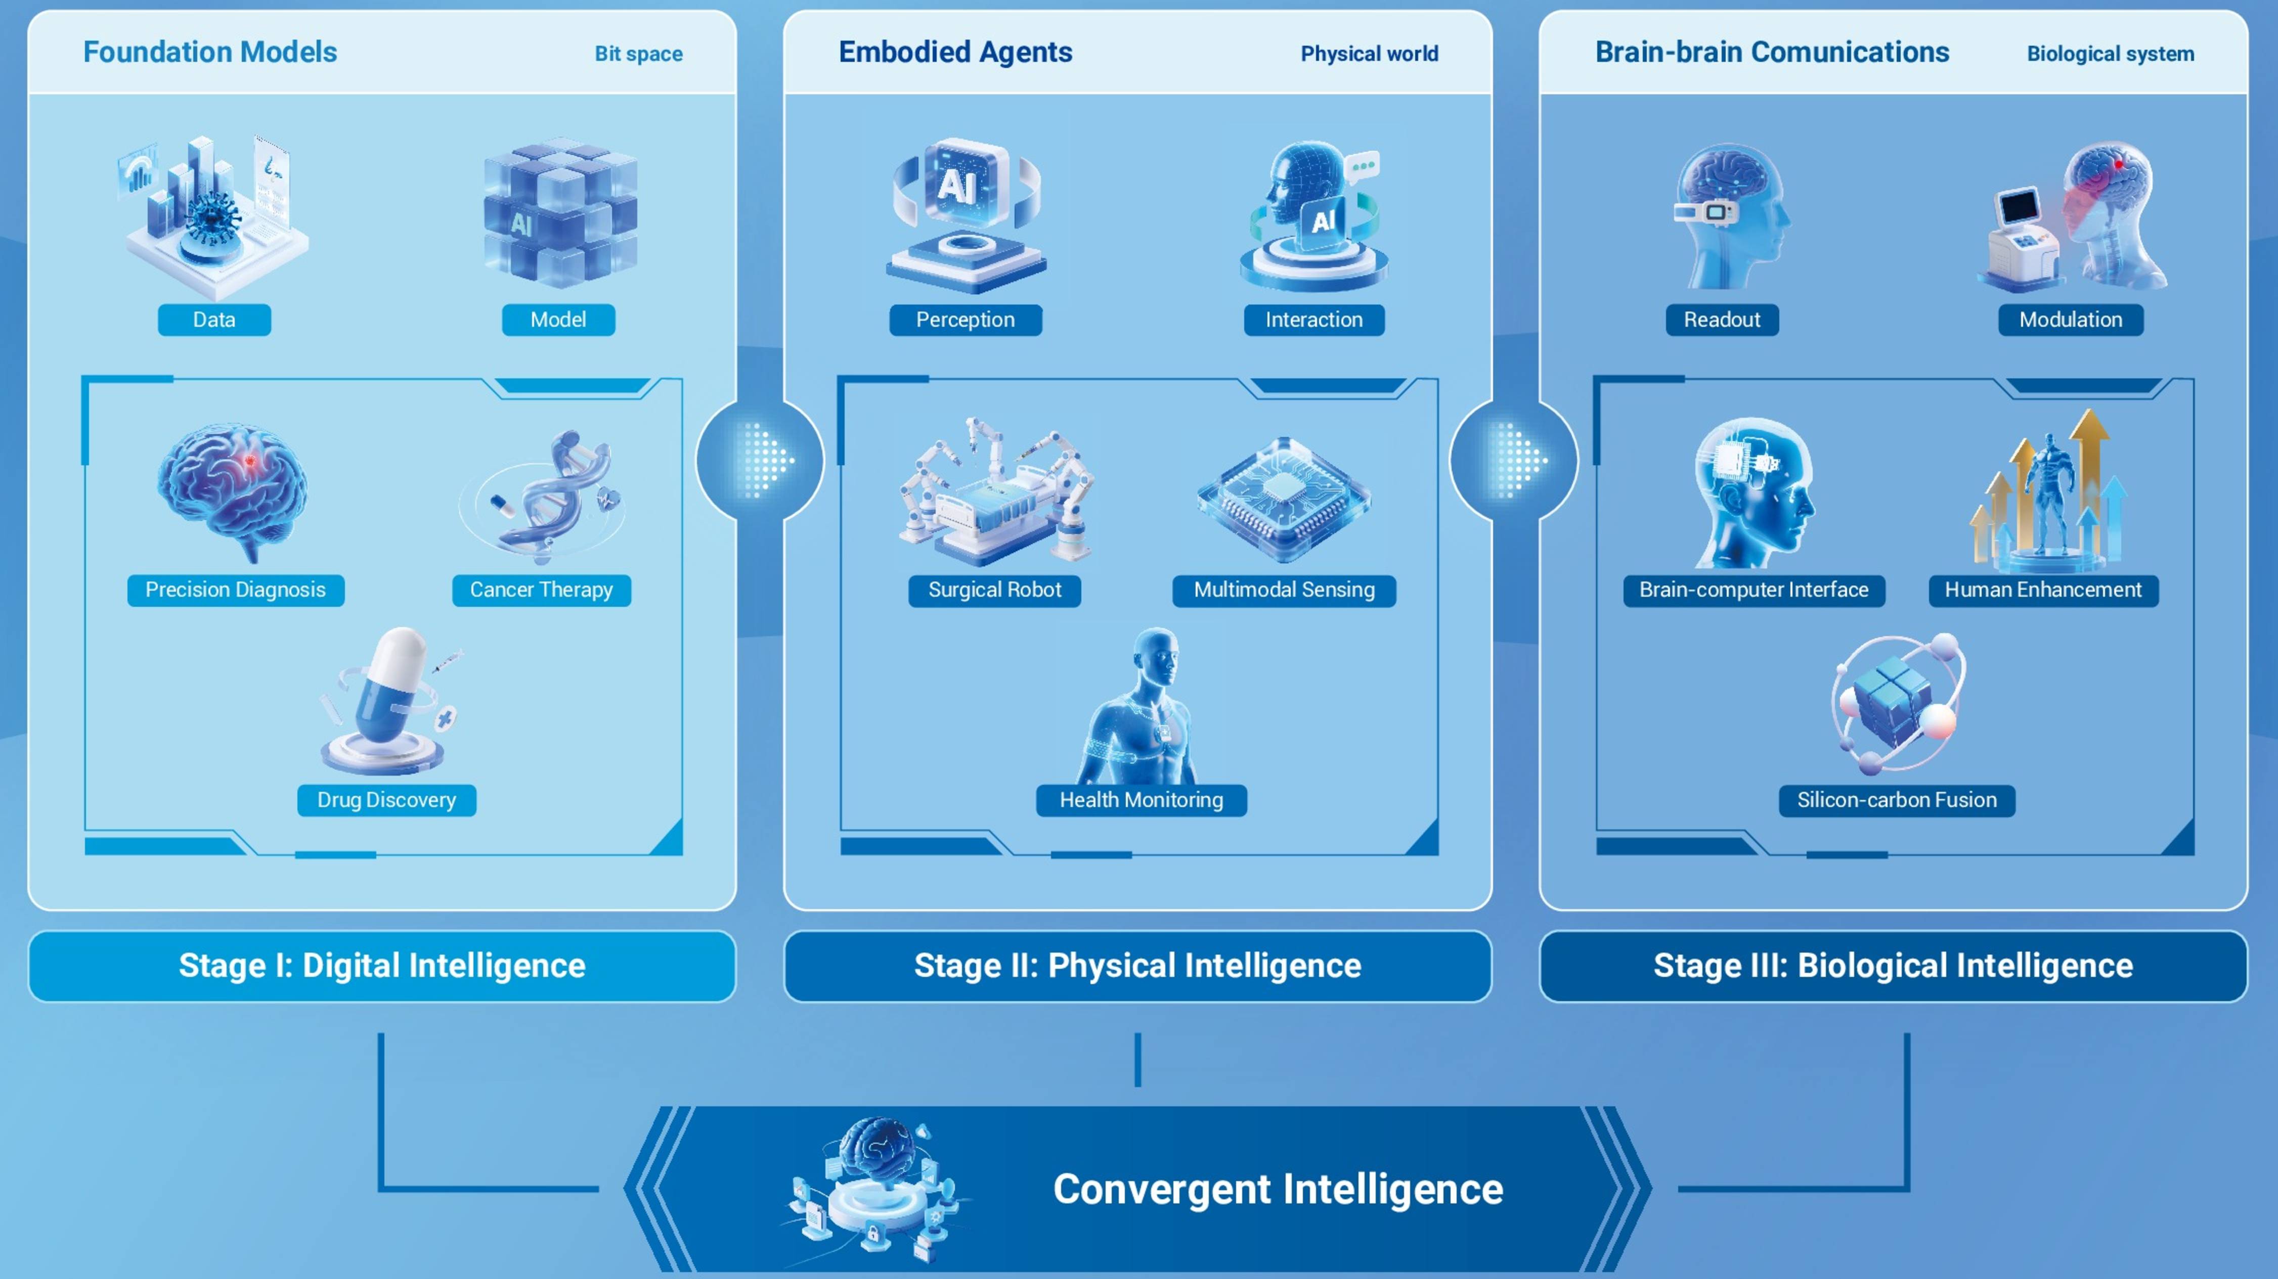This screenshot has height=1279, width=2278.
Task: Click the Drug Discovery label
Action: [x=386, y=800]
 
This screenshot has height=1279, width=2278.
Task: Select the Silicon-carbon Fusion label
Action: [x=1896, y=800]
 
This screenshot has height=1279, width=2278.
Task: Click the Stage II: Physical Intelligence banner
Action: [x=1137, y=965]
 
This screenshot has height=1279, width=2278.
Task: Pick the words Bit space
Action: [x=638, y=54]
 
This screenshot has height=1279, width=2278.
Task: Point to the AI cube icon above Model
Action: [x=560, y=214]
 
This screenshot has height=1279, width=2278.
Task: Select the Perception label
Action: [x=965, y=320]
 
